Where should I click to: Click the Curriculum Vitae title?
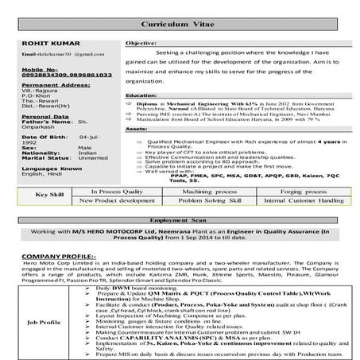point(180,15)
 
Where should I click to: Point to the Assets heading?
point(137,128)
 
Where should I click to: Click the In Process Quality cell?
point(116,192)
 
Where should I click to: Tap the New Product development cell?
point(116,202)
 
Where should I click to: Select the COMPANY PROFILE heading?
point(48,255)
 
